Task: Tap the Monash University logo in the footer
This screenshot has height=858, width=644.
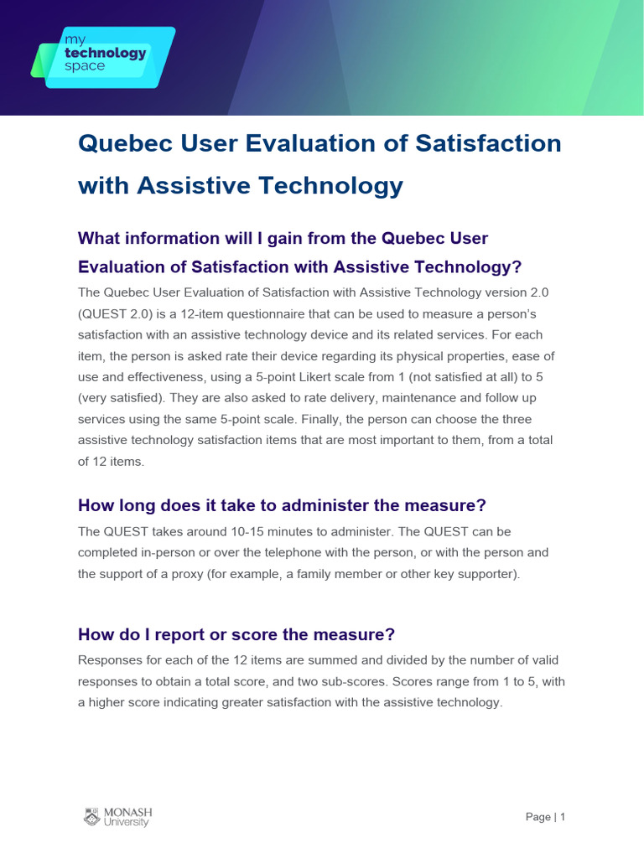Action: (117, 817)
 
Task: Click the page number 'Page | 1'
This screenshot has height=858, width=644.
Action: (546, 817)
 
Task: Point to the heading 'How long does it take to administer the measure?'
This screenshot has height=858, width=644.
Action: (282, 505)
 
